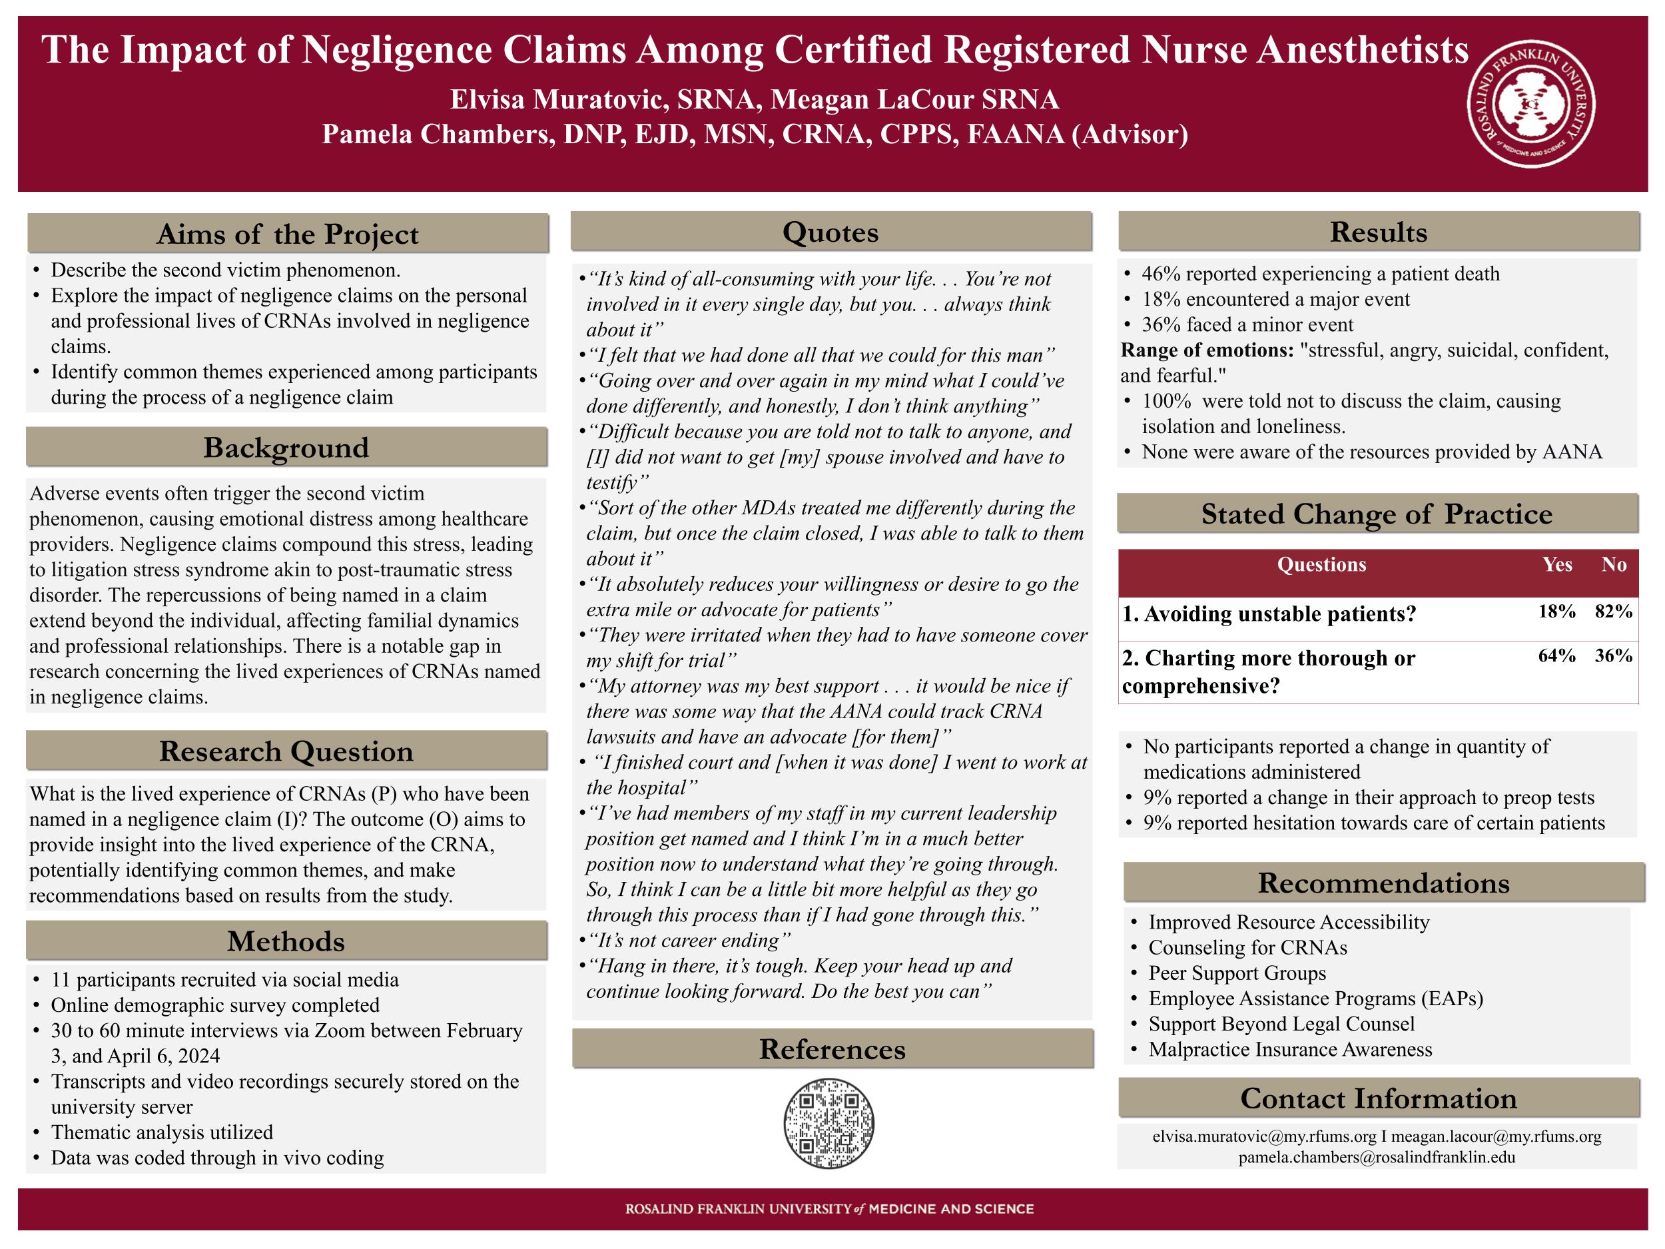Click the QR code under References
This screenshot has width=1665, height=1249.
click(x=828, y=1122)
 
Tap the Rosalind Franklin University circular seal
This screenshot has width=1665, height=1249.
click(x=1531, y=103)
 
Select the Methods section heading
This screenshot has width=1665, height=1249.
click(x=286, y=941)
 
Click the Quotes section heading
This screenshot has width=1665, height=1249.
click(x=831, y=232)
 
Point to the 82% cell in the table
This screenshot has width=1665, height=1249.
click(x=1613, y=612)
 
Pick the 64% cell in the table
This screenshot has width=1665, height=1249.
click(x=1556, y=655)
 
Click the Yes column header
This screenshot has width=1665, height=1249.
click(x=1556, y=565)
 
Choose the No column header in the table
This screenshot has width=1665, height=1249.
click(x=1614, y=565)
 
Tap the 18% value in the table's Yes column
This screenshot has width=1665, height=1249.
click(x=1556, y=612)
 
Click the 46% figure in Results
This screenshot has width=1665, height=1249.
click(x=1158, y=274)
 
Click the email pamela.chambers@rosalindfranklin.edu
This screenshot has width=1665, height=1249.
click(x=1377, y=1157)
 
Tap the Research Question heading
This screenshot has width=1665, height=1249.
click(x=286, y=751)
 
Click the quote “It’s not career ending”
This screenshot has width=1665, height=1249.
click(x=689, y=941)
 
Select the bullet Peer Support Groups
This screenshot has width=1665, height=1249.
click(x=1237, y=973)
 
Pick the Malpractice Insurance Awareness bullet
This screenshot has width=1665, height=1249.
click(x=1290, y=1049)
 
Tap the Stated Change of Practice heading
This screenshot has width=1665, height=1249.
click(x=1377, y=514)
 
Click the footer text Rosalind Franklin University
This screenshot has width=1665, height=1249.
click(x=738, y=1209)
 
